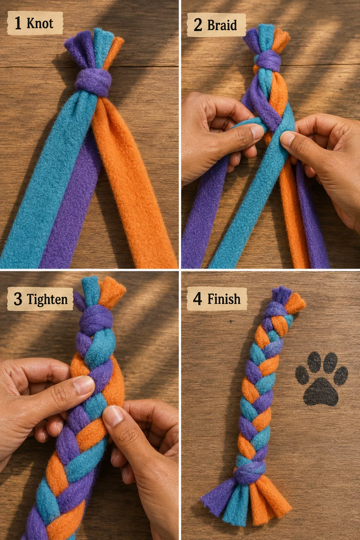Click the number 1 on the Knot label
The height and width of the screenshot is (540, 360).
tap(18, 23)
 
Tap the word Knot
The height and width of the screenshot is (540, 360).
tap(40, 24)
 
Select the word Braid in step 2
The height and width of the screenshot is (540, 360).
tap(222, 25)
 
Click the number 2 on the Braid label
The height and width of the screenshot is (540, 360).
tap(198, 25)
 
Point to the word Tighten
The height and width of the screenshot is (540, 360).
tap(47, 299)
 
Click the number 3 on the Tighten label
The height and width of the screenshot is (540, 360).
tap(18, 299)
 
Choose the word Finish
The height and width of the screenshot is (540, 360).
tap(224, 299)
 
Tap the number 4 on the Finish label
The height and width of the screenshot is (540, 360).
tap(198, 299)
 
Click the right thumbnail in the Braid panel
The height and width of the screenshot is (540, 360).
tap(287, 138)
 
